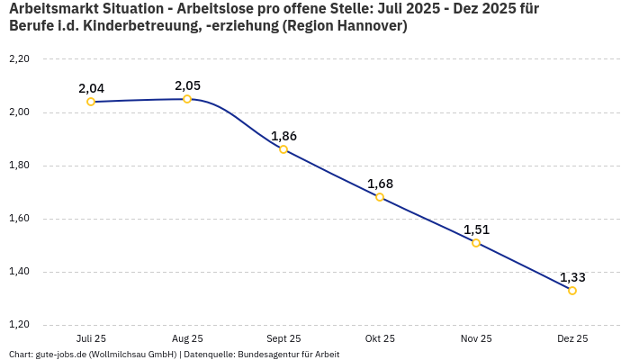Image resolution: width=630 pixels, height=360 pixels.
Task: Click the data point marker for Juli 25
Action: (x=91, y=102)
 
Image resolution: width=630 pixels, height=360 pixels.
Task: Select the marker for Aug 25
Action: (x=187, y=99)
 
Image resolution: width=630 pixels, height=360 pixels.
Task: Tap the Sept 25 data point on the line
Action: (x=283, y=149)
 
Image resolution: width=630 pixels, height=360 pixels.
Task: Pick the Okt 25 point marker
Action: (x=380, y=197)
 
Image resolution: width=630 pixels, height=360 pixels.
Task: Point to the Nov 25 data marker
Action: (x=476, y=243)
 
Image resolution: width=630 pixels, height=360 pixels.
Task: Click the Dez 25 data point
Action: (x=572, y=291)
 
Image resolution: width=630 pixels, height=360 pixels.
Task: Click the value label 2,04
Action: (x=91, y=88)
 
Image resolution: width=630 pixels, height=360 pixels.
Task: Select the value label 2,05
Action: (x=187, y=85)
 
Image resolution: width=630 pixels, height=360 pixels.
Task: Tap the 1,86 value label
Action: (x=283, y=136)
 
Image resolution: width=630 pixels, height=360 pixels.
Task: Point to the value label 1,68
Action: (x=380, y=184)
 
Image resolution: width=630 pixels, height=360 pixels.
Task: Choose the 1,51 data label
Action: (x=476, y=229)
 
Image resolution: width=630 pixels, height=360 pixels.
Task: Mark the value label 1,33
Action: (x=572, y=277)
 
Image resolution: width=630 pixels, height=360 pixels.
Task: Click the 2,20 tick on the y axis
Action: (x=19, y=59)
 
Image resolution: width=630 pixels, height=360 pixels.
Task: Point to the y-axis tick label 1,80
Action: (x=19, y=166)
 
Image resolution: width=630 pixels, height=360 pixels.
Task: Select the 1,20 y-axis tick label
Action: (x=19, y=325)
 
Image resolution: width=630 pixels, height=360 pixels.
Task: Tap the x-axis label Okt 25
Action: (x=380, y=338)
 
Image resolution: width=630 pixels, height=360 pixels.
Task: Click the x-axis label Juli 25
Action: (x=91, y=338)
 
